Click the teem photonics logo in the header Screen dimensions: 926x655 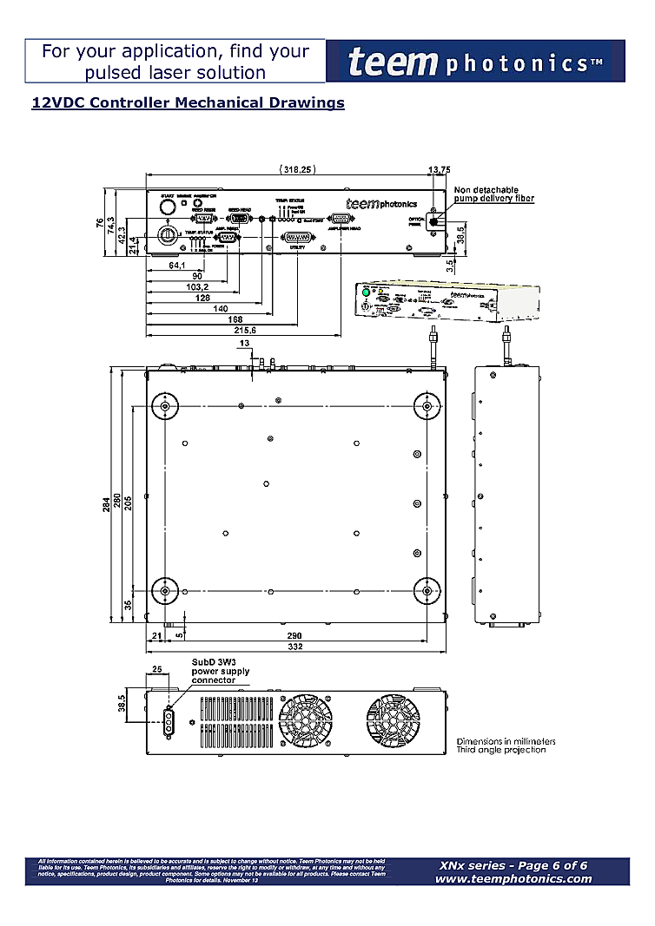pos(475,62)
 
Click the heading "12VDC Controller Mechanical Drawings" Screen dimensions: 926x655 pos(188,103)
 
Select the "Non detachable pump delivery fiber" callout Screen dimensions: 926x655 pos(493,194)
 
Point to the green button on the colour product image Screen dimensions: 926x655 pos(367,294)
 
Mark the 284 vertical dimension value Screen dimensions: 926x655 pos(106,503)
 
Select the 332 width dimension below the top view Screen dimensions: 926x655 pos(295,647)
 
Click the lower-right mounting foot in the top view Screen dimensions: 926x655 pos(427,590)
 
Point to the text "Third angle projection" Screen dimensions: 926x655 pos(501,750)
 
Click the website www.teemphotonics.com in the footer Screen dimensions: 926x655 pos(513,878)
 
